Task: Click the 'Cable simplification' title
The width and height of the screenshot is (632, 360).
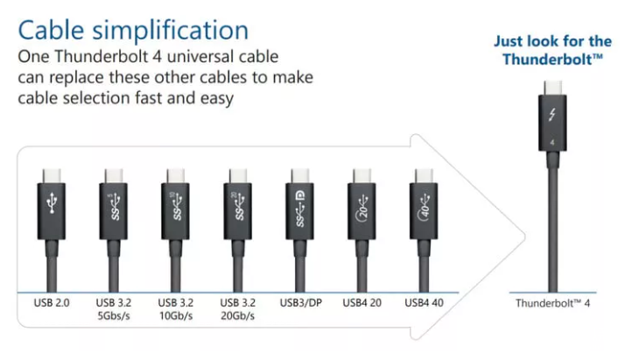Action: tap(133, 31)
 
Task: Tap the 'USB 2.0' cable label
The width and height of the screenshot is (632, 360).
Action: tap(52, 303)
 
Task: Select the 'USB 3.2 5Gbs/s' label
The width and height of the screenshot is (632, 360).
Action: tap(114, 309)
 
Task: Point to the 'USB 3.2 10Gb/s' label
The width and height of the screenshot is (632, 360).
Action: tap(176, 309)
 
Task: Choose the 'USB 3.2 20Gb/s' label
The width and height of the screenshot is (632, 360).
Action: tap(238, 309)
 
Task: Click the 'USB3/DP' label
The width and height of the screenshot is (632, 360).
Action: tap(301, 303)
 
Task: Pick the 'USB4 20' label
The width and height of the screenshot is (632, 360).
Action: tap(362, 303)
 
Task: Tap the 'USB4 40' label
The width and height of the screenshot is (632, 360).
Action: tap(424, 303)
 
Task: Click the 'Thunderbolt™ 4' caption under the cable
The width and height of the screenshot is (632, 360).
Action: tap(552, 303)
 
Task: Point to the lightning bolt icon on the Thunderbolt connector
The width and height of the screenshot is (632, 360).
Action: tap(552, 115)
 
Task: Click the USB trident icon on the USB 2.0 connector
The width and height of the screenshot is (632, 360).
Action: tap(52, 203)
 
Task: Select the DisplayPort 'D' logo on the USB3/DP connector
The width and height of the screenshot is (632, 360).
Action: tap(301, 196)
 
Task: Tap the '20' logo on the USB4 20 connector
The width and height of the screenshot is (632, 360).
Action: tap(362, 207)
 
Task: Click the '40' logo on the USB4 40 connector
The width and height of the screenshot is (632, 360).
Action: tap(425, 207)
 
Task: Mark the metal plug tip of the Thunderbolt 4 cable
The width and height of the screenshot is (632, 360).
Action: tap(552, 88)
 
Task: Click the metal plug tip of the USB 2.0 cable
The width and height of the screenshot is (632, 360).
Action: tap(52, 176)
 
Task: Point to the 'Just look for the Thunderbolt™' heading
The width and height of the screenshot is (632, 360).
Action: tap(552, 50)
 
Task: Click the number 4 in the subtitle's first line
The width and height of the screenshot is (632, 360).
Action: tap(158, 56)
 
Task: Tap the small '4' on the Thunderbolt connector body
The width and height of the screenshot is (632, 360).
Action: tap(552, 142)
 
